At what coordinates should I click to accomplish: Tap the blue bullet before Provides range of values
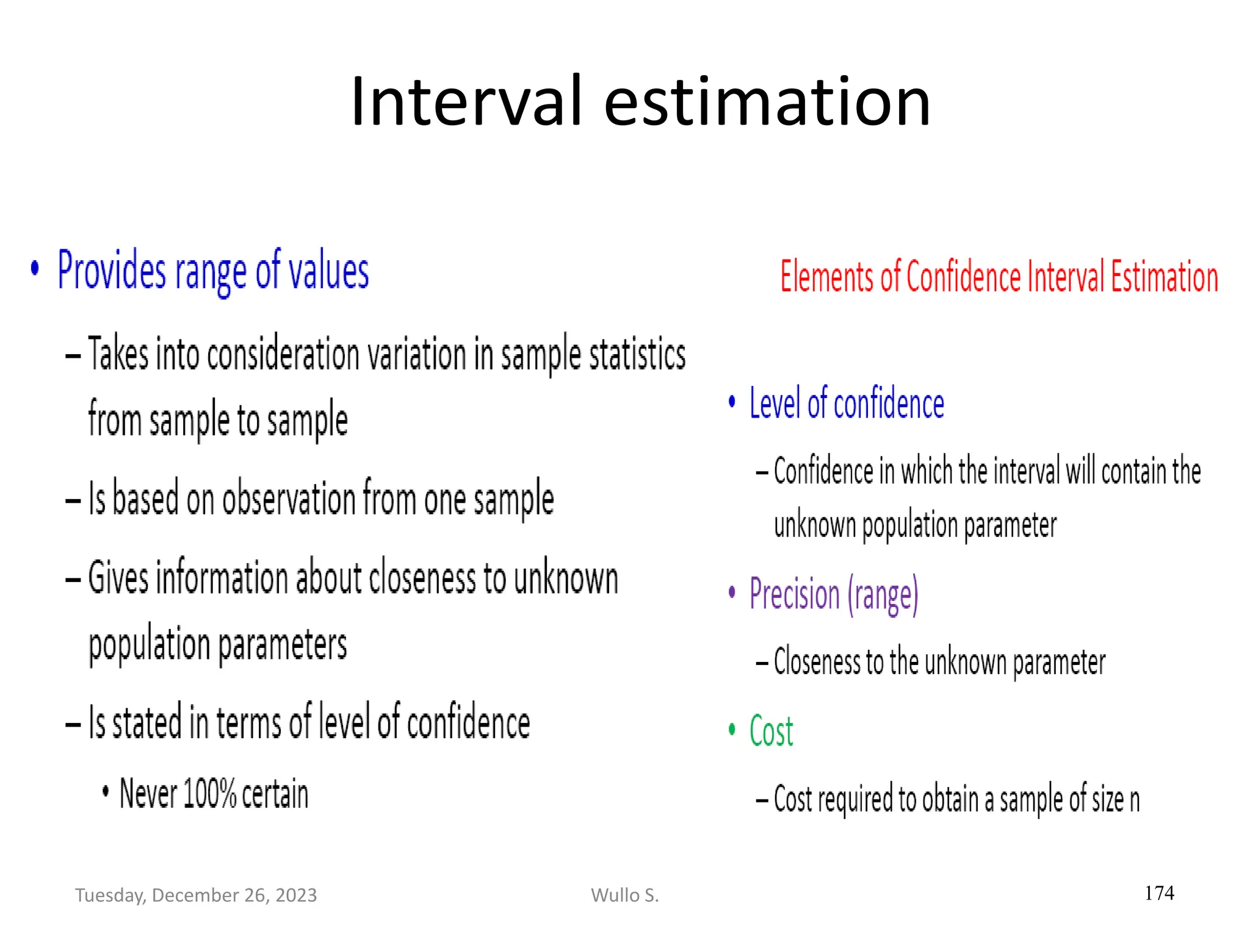(x=35, y=268)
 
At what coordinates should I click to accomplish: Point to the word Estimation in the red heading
(x=1164, y=277)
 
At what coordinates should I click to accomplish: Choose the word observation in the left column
(x=289, y=499)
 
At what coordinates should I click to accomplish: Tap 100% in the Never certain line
(x=209, y=794)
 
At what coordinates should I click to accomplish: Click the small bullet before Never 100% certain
(x=106, y=792)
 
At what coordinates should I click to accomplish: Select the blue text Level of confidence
(x=847, y=404)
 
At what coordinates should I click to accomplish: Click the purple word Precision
(x=794, y=594)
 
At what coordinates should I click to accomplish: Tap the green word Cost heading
(x=771, y=731)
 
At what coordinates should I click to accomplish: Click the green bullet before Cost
(x=732, y=729)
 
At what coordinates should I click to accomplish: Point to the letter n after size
(x=1134, y=800)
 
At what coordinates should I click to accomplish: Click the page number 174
(x=1159, y=893)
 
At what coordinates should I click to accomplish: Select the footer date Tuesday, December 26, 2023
(x=196, y=895)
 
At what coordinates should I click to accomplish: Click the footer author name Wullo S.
(x=624, y=895)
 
